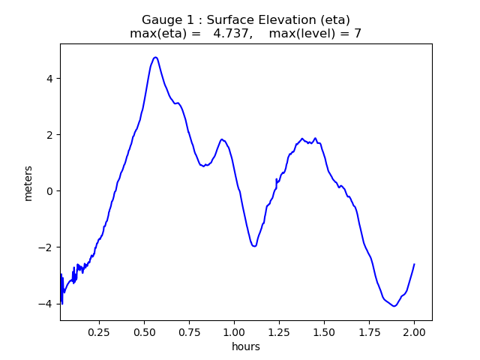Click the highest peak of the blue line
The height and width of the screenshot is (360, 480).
[155, 57]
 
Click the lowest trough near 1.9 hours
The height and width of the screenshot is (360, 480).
[394, 306]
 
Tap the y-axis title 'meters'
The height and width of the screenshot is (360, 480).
[28, 183]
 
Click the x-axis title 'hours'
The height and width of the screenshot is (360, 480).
[246, 346]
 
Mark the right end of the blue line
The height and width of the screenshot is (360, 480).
[414, 264]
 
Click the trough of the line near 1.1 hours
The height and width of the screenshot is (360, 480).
[254, 246]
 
